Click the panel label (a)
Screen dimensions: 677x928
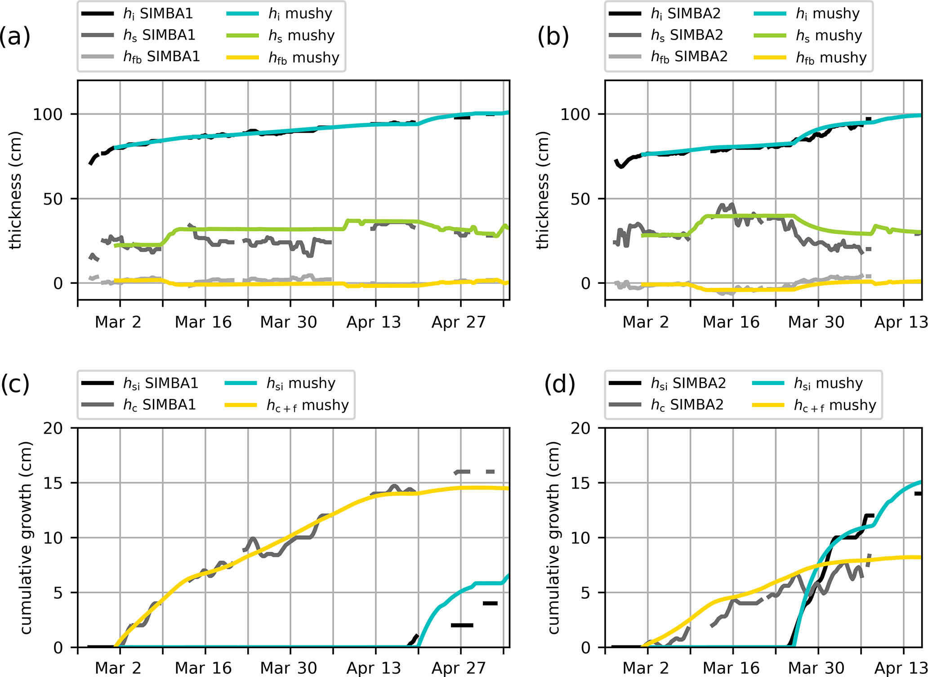[x=15, y=36]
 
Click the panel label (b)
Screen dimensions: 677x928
[x=553, y=36]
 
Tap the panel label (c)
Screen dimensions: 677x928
[x=15, y=384]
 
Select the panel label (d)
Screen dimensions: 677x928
[x=559, y=384]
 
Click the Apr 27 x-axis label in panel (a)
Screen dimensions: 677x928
[x=459, y=322]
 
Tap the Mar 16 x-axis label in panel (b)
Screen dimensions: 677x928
[x=731, y=322]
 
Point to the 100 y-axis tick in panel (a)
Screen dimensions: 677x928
[x=48, y=114]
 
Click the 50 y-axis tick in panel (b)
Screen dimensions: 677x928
[x=580, y=199]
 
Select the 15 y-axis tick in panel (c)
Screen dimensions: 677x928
[x=53, y=483]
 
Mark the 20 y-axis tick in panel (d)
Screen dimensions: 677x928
[x=580, y=428]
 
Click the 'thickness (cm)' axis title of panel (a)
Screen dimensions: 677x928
[x=15, y=190]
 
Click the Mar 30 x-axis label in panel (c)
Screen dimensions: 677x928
[x=288, y=668]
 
